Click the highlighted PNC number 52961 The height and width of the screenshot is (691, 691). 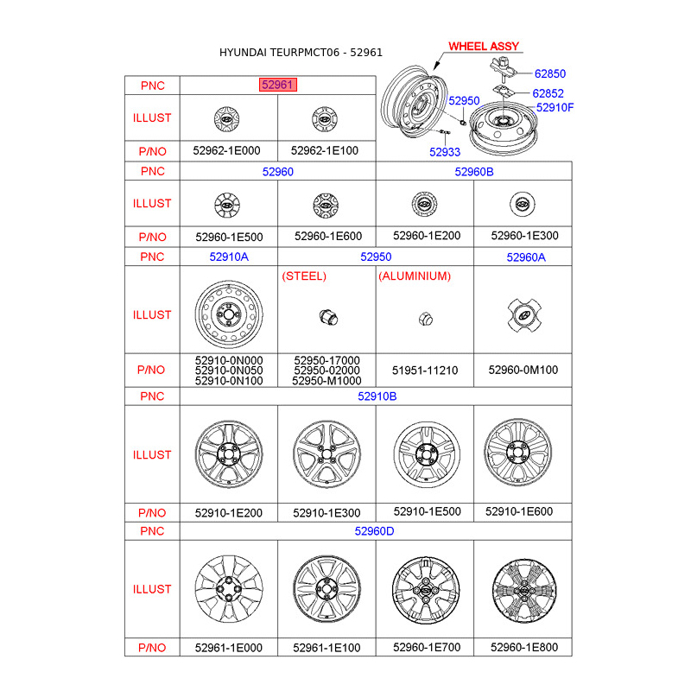click(278, 85)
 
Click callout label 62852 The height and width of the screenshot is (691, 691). click(548, 93)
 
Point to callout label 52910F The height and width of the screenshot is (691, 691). click(555, 108)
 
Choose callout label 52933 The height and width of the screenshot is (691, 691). click(445, 152)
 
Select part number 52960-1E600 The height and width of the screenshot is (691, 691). click(326, 236)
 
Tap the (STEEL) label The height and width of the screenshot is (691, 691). click(305, 276)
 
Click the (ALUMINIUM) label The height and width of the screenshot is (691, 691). click(415, 276)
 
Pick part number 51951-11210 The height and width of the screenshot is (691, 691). click(424, 370)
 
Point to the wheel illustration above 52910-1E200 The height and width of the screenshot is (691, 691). click(228, 454)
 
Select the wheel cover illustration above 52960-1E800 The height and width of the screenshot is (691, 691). click(523, 589)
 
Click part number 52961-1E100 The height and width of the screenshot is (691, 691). click(326, 647)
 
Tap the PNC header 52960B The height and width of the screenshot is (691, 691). click(473, 172)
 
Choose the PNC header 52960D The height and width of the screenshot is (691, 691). click(375, 531)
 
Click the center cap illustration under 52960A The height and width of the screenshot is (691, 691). click(523, 315)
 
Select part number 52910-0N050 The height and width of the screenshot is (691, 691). click(229, 370)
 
